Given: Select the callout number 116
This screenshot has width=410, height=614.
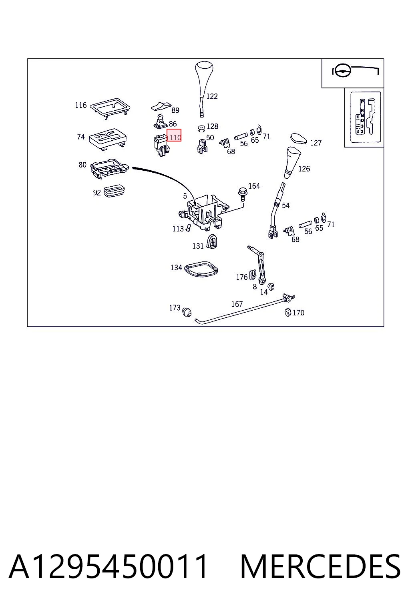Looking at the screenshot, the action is pyautogui.click(x=81, y=105).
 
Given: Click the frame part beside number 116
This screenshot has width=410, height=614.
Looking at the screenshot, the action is pyautogui.click(x=110, y=108).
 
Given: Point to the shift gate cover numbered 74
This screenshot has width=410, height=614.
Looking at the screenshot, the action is pyautogui.click(x=108, y=139).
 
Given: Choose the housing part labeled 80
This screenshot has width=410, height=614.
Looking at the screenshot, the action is pyautogui.click(x=109, y=168).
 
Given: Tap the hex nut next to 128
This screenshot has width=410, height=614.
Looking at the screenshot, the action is pyautogui.click(x=201, y=128).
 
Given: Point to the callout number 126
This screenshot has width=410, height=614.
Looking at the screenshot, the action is pyautogui.click(x=304, y=169).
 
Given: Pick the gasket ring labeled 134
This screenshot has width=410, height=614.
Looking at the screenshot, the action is pyautogui.click(x=201, y=269).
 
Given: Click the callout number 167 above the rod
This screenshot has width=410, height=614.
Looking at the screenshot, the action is pyautogui.click(x=237, y=304).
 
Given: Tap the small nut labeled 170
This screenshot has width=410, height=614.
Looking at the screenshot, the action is pyautogui.click(x=288, y=312).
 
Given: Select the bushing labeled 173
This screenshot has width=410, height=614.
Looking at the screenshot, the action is pyautogui.click(x=187, y=312).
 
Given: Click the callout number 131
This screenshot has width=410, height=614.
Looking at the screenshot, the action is pyautogui.click(x=198, y=246).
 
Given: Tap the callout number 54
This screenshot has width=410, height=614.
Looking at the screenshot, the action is pyautogui.click(x=285, y=205).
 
